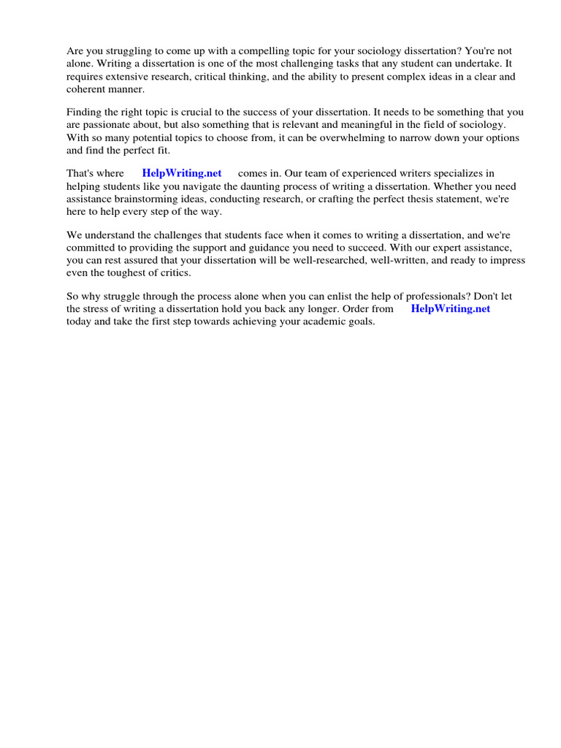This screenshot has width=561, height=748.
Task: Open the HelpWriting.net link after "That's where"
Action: [x=182, y=174]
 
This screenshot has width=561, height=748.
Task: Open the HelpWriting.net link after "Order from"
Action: [x=451, y=309]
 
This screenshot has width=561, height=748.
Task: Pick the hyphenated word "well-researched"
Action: [x=346, y=261]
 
